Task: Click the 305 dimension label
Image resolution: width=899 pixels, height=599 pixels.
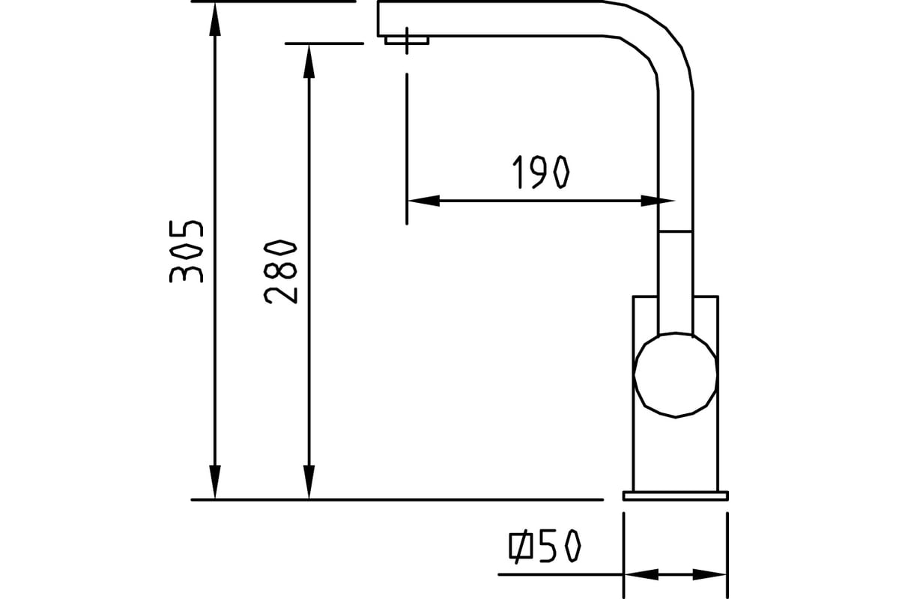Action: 187,252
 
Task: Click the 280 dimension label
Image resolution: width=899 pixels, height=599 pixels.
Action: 280,272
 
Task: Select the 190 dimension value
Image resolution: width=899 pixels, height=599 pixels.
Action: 541,171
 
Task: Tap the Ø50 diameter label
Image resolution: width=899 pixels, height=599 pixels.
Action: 545,546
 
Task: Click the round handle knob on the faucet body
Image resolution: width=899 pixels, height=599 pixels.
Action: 675,375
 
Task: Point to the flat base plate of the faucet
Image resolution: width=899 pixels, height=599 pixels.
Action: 676,496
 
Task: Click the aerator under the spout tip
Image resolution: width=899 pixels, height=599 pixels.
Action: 407,40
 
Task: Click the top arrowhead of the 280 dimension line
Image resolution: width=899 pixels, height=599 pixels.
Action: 309,61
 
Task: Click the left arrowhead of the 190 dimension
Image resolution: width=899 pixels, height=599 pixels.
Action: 423,201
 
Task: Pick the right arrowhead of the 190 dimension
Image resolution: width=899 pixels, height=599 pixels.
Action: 658,201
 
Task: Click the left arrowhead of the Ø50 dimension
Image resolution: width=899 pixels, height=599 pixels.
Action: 641,574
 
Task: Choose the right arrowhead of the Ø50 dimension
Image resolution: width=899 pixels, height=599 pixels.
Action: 709,574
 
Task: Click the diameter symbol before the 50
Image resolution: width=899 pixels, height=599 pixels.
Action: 521,546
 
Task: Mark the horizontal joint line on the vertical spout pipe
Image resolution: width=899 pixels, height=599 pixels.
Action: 676,231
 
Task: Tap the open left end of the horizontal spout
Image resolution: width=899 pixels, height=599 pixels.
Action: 378,19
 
